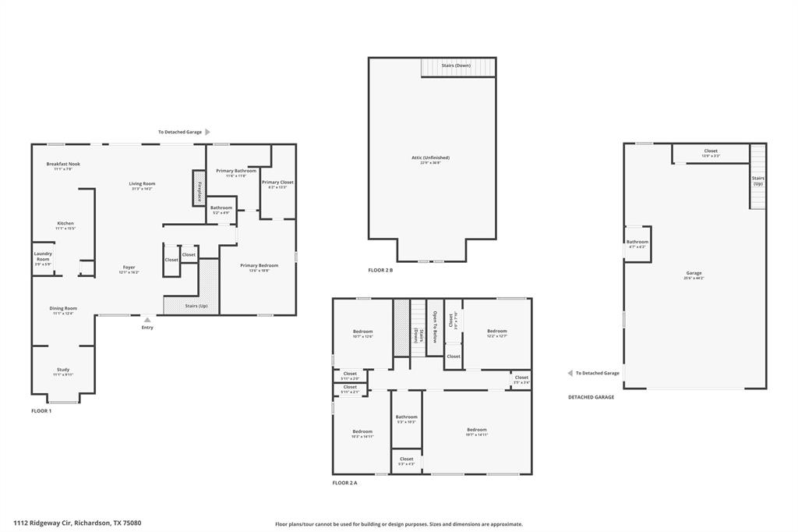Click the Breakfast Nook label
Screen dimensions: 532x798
(63, 165)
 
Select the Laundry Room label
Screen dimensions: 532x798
(42, 257)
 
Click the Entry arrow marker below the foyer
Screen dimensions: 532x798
(147, 319)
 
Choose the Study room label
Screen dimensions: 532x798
(63, 370)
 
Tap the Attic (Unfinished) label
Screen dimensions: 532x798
(431, 158)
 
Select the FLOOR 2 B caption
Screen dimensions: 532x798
(380, 271)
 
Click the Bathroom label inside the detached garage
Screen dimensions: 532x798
(637, 243)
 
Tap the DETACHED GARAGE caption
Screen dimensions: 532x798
(591, 397)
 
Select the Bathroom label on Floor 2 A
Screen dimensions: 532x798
(406, 417)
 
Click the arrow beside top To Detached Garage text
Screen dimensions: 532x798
(207, 133)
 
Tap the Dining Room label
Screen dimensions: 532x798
(63, 309)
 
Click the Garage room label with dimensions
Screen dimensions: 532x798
(694, 274)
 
